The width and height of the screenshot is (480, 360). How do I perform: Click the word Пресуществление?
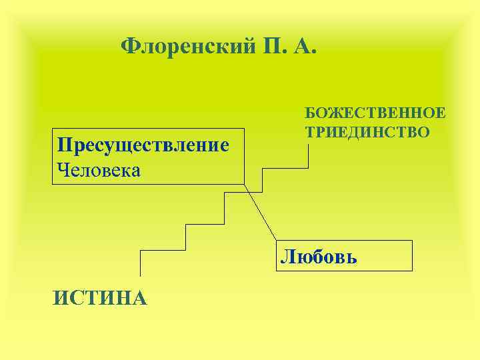143,145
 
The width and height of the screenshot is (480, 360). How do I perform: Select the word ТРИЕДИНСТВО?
367,131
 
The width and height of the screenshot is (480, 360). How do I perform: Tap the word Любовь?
319,257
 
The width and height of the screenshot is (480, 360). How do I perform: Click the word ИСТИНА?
100,297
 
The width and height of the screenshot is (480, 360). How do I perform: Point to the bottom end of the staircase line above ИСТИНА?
140,274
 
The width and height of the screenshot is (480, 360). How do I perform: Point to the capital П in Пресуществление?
64,145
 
